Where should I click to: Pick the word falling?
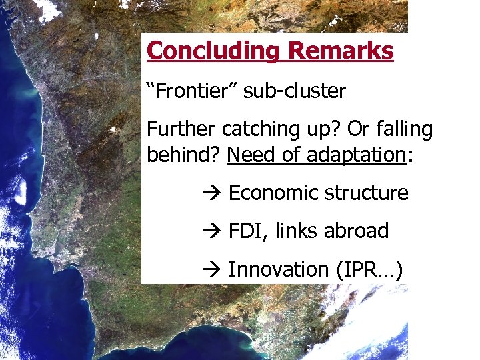pos(403,129)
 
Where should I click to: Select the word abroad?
pos(356,231)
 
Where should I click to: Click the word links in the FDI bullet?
pos(296,231)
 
